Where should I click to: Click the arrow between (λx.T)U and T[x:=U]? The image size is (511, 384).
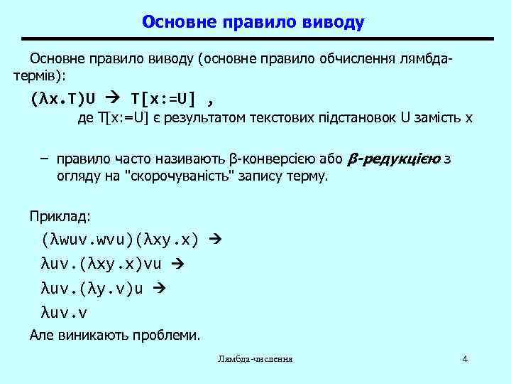pyautogui.click(x=116, y=97)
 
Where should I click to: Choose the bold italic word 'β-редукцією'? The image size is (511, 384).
pyautogui.click(x=396, y=159)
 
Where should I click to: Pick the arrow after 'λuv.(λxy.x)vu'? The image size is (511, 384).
pyautogui.click(x=178, y=264)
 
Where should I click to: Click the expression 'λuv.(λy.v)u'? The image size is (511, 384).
pyautogui.click(x=93, y=288)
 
